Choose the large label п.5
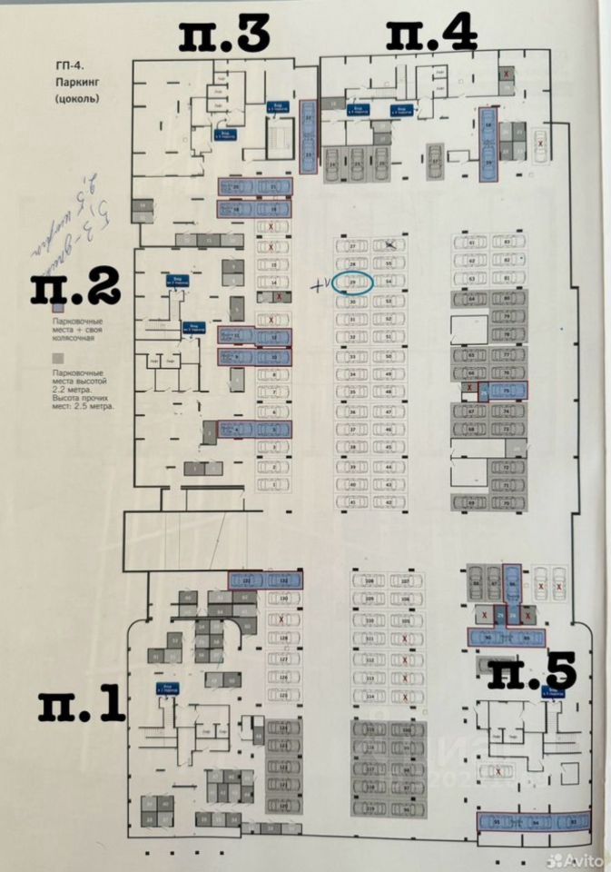tap(534, 673)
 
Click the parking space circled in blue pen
tap(356, 282)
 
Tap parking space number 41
tap(352, 502)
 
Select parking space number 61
tap(472, 243)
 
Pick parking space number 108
tap(370, 580)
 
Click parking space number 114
tap(370, 697)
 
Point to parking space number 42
tap(389, 502)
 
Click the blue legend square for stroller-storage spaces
tap(56, 307)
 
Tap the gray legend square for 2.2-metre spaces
tap(56, 358)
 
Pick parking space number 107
tap(407, 580)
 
